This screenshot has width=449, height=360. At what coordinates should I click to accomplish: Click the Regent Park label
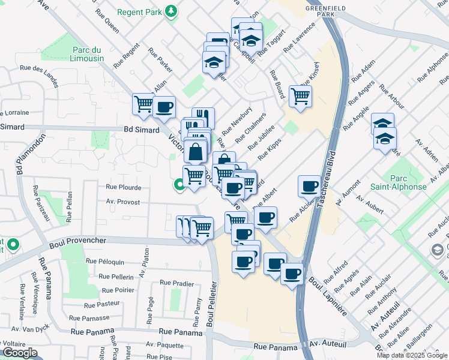[x=139, y=11]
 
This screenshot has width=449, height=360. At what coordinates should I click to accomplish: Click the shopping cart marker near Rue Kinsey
[x=300, y=96]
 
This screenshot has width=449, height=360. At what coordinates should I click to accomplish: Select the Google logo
[x=19, y=353]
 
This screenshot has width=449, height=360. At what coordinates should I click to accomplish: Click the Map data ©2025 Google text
[x=412, y=355]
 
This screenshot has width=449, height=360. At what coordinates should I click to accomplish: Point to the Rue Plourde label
[x=123, y=187]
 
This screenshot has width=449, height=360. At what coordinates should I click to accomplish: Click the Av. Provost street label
[x=123, y=203]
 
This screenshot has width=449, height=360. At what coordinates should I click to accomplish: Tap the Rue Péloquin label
[x=105, y=262]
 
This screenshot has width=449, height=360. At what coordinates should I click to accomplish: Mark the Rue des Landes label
[x=39, y=70]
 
